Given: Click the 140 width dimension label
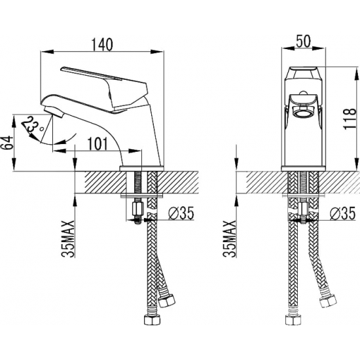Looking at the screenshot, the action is [x=102, y=45].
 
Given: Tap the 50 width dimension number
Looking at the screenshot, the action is [x=303, y=41].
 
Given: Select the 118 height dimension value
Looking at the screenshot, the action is [x=350, y=119].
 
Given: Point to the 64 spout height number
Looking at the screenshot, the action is [x=7, y=143].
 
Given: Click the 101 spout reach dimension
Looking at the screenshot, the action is [x=98, y=144].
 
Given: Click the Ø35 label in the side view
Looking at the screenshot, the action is [x=181, y=213].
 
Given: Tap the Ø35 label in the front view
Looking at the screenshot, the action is [x=342, y=213].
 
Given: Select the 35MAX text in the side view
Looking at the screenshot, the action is [x=68, y=239].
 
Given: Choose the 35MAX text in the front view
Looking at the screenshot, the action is [x=230, y=239].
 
